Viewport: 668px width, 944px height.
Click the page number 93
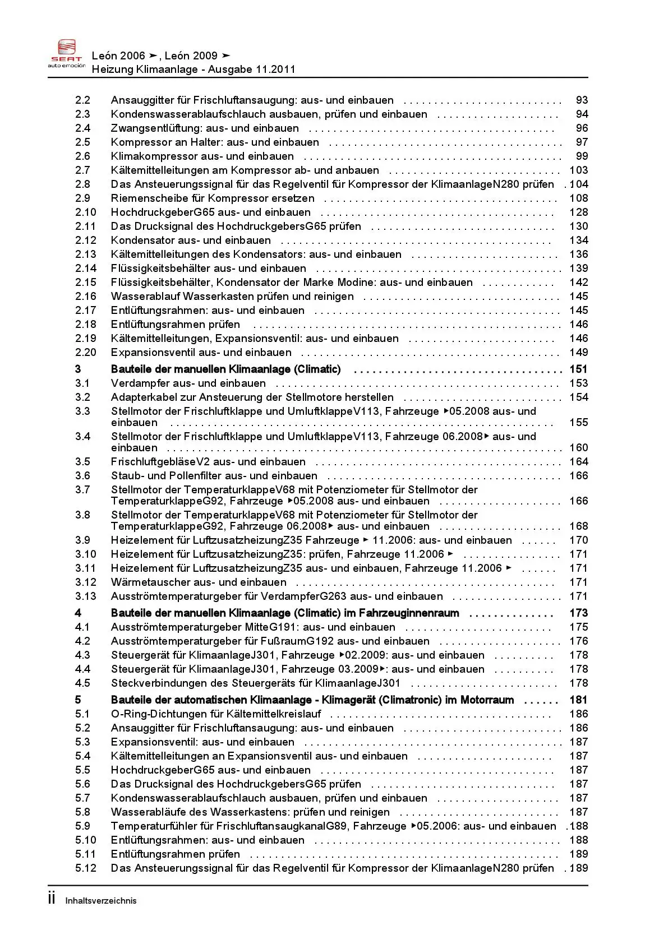(582, 100)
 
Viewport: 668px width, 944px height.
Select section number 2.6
(82, 156)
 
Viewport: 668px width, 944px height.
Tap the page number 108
(578, 198)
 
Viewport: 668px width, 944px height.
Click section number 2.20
(86, 353)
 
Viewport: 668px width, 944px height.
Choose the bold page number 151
(578, 369)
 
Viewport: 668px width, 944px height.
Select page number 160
(578, 448)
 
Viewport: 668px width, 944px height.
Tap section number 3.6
(82, 476)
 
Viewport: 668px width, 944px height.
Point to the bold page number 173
(578, 613)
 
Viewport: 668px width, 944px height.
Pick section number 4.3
(82, 655)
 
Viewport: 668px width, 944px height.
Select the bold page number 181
(578, 700)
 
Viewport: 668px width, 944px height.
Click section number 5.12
(86, 868)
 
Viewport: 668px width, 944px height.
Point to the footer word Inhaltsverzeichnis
(101, 901)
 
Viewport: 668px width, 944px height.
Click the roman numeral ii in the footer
(52, 899)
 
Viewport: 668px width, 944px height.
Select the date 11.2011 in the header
(275, 70)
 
